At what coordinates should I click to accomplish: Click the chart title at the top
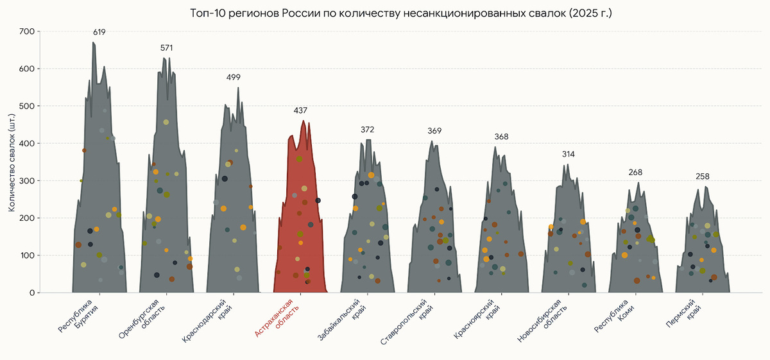[x=401, y=13]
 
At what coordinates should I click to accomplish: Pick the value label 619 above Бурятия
[x=99, y=32]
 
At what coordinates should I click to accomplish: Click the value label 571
[x=166, y=48]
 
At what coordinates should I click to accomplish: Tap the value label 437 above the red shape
[x=300, y=110]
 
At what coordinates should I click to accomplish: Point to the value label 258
[x=703, y=176]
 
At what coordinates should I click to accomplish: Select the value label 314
[x=569, y=155]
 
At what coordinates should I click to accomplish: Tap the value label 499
[x=234, y=78]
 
